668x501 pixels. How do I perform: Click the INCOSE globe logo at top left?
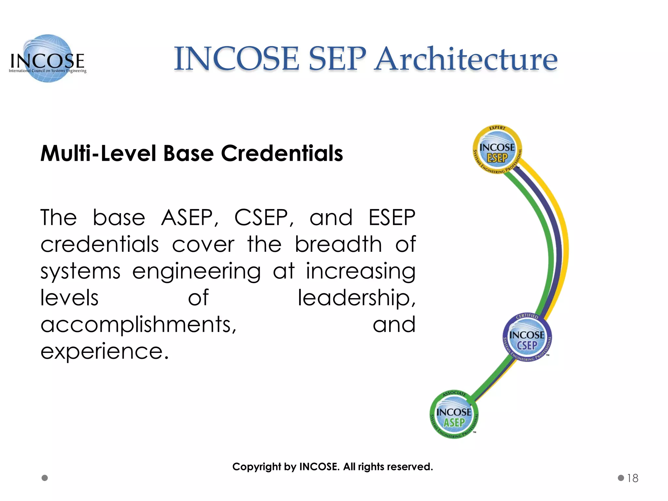coord(48,59)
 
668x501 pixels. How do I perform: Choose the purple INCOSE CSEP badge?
coord(527,338)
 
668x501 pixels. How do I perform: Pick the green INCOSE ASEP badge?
coord(454,415)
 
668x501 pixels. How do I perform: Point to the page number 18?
coord(632,478)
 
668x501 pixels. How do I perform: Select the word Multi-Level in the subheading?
coord(98,153)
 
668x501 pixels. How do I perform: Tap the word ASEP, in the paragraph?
coord(190,218)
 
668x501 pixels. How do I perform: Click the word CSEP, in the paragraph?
coord(264,218)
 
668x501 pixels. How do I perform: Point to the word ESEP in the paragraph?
coord(392,218)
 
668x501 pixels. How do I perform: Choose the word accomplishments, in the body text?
coord(138,325)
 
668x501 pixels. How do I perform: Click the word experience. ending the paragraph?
coord(105,351)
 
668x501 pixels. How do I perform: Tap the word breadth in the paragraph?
coord(338,244)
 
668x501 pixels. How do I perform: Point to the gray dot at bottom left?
coord(45,478)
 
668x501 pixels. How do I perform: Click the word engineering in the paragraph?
coord(196,271)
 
